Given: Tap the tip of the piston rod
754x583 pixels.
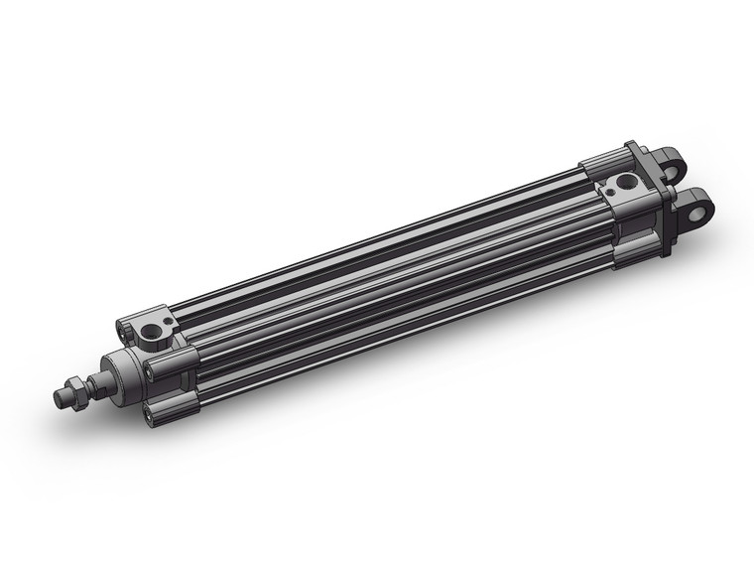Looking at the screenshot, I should tap(59, 396).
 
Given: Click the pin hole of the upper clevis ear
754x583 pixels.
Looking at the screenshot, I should tap(678, 163).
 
